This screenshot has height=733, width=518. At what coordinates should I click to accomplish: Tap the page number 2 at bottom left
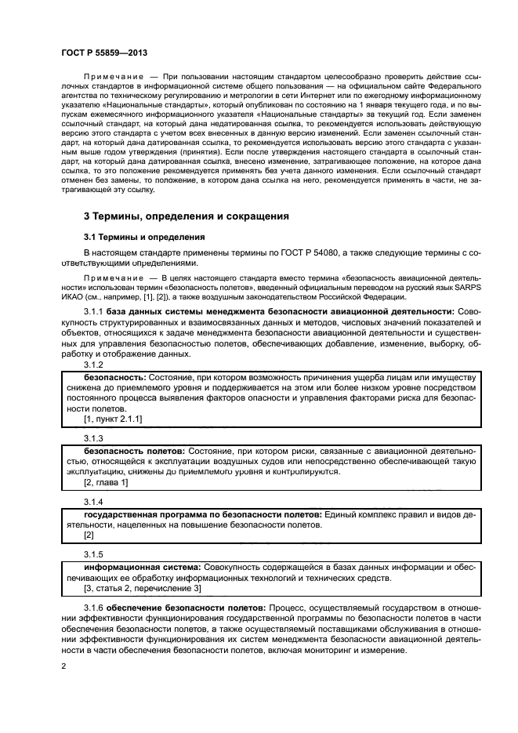tap(63, 666)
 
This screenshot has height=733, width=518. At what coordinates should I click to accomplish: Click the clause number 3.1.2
tap(94, 366)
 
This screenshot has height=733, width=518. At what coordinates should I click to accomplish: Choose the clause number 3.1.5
tap(94, 553)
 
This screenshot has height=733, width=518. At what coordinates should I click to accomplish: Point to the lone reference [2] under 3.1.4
tap(89, 535)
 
